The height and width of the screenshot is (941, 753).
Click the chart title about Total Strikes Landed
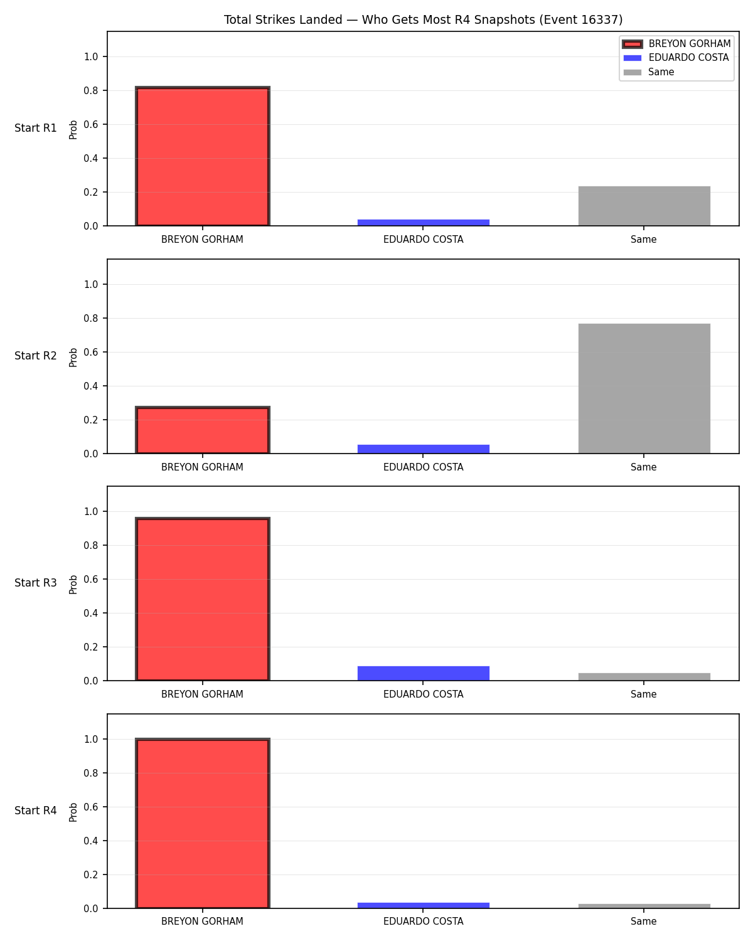tap(423, 19)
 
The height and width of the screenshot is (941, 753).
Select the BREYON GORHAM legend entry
tap(676, 44)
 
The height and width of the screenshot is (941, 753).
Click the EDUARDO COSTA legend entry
tap(676, 58)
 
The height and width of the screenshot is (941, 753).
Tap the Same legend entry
tap(649, 72)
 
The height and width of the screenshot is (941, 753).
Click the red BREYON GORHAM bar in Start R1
tap(203, 156)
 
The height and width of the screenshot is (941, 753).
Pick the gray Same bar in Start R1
tap(644, 206)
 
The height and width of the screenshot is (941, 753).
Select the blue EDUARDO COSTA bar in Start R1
tap(423, 223)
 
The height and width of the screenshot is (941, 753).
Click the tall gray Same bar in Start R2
tap(644, 388)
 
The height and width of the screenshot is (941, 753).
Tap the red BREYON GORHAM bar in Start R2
tap(203, 430)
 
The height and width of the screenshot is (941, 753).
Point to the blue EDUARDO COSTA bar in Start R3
tap(423, 673)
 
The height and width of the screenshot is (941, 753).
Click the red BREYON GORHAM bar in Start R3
tap(203, 599)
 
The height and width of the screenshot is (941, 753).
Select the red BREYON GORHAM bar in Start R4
tap(203, 823)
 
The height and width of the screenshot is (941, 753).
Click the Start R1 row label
tap(35, 128)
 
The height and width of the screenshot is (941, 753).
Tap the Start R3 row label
tap(35, 583)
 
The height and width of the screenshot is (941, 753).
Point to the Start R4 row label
tap(35, 811)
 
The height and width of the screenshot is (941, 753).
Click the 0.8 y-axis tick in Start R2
tap(90, 318)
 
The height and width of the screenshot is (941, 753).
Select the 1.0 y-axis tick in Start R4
tap(90, 739)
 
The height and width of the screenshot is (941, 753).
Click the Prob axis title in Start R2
tap(73, 357)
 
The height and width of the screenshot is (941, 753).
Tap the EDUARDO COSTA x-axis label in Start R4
tap(423, 922)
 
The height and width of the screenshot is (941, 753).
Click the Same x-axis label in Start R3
tap(644, 694)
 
